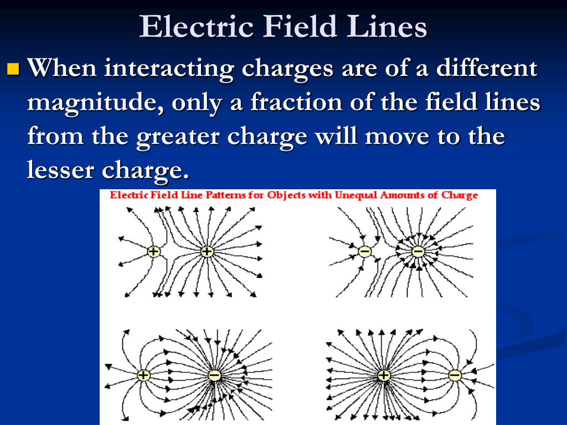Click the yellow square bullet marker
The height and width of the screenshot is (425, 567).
(x=13, y=68)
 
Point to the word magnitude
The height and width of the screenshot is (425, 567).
(x=95, y=103)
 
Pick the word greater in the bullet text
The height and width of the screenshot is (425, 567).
(x=178, y=137)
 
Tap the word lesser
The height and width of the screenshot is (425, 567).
(x=61, y=169)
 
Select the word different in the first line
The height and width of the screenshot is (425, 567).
(x=487, y=68)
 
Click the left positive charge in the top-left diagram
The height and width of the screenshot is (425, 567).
(x=154, y=251)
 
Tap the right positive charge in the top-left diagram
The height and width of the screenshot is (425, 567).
(x=207, y=251)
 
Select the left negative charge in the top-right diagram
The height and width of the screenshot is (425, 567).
(x=364, y=251)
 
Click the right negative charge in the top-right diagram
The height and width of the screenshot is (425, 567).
(x=418, y=251)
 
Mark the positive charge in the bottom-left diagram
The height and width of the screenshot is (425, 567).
(x=143, y=376)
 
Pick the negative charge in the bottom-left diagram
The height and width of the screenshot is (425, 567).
(x=214, y=376)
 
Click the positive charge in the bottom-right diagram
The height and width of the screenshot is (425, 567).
(x=384, y=376)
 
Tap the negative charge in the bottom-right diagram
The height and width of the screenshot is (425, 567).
(x=455, y=376)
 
